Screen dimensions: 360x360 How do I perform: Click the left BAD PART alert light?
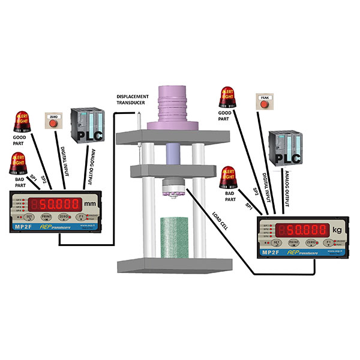[x=20, y=163]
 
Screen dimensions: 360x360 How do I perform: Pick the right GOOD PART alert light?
[x=227, y=95]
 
